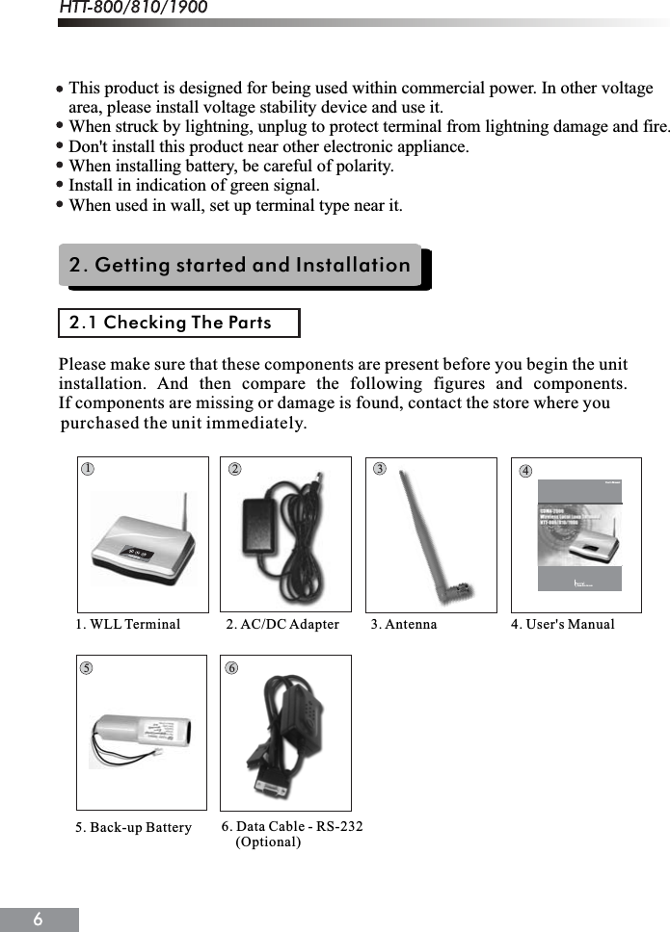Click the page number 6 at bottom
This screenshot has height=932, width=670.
coord(38,919)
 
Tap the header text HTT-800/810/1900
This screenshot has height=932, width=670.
coord(133,9)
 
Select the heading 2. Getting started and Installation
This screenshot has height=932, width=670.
coord(240,265)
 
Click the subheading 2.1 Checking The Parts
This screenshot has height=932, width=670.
coord(171,323)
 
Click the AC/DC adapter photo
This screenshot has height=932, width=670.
coord(285,531)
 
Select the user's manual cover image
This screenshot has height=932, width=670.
coord(579,534)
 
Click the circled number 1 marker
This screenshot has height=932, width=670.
coord(87,469)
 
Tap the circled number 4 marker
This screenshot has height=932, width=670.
coord(525,471)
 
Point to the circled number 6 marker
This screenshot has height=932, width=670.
coord(231,667)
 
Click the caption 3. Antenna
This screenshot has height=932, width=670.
coord(404,625)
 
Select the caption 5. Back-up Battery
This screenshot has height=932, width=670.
coord(133,828)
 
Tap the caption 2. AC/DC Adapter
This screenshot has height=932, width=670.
coord(282,625)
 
